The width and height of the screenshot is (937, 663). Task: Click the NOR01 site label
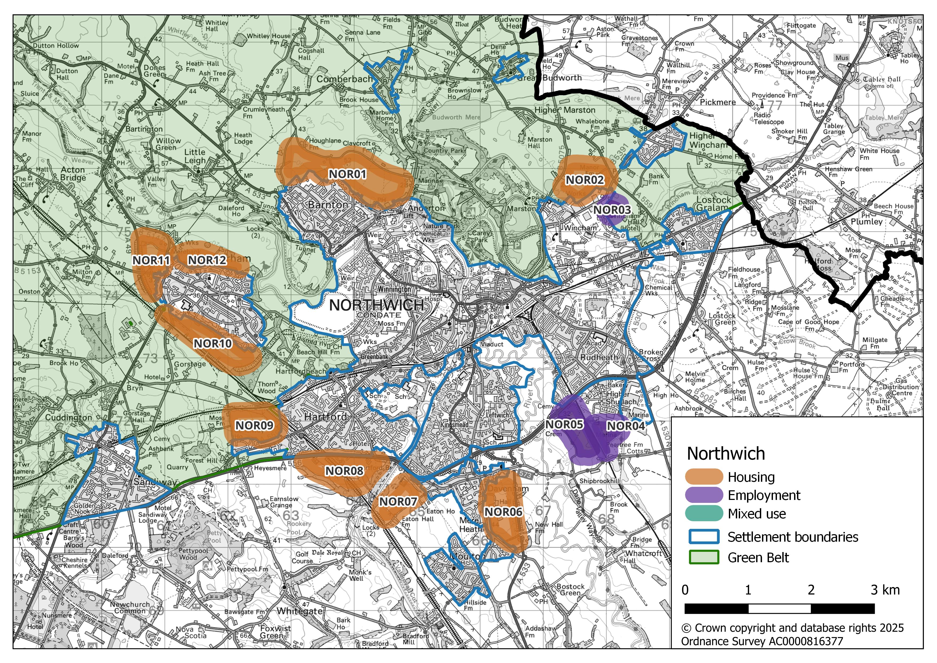point(347,174)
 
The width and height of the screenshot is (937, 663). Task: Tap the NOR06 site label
point(503,512)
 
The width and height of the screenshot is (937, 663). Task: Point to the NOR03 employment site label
point(612,210)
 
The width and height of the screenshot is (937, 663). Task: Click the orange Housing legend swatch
point(703,477)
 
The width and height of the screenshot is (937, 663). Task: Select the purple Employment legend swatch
point(703,495)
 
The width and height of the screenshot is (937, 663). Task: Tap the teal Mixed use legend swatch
point(703,514)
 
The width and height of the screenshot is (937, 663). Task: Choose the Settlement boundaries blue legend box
point(703,537)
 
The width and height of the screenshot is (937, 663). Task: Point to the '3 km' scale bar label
point(885,590)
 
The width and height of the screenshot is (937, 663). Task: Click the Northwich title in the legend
point(726,454)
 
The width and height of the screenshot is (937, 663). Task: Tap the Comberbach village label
point(344,79)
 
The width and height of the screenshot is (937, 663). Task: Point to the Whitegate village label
point(300,611)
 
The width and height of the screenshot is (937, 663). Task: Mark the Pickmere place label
point(717,102)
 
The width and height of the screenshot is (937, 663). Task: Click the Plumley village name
point(866,222)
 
